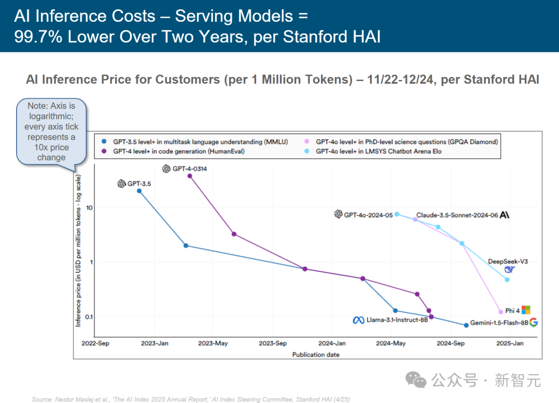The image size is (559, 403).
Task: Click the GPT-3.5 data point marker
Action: point(139,191)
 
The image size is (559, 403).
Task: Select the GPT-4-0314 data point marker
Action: point(189,176)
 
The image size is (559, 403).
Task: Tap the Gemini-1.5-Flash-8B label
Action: point(499,323)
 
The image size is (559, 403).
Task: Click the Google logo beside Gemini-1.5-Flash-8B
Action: point(533,322)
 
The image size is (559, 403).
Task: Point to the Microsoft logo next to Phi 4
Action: point(526,310)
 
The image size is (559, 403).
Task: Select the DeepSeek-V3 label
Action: point(508,262)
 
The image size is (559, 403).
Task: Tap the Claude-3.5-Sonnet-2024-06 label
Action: point(456,215)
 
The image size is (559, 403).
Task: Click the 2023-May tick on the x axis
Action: point(213,343)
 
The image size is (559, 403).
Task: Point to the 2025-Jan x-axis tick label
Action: point(510,343)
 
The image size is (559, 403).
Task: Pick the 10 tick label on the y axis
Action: point(89,207)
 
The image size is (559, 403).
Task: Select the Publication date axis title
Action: point(316,355)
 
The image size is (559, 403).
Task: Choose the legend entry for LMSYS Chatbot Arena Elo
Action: point(378,151)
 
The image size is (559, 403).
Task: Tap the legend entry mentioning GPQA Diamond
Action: point(406,141)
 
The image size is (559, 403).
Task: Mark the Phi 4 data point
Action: point(501,312)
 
